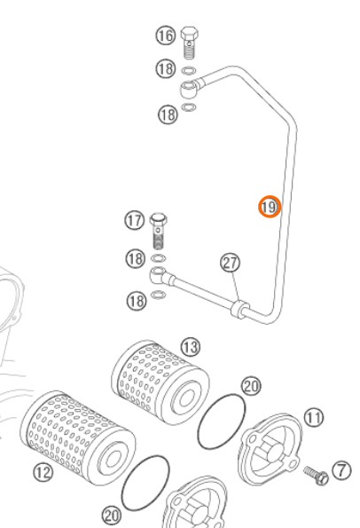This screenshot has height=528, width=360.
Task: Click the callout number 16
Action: [166, 35]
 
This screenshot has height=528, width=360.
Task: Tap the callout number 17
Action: [135, 221]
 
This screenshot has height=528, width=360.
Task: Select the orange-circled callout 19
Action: [270, 207]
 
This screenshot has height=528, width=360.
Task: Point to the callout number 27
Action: [231, 263]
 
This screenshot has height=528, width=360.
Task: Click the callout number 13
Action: [191, 347]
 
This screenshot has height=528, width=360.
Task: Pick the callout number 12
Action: [43, 472]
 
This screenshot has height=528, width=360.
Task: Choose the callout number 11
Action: [314, 418]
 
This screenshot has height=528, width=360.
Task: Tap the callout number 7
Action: [341, 470]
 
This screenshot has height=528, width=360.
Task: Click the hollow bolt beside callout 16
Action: [190, 43]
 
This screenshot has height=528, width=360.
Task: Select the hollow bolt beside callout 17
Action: [159, 231]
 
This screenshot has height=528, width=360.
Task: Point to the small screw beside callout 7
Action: [316, 475]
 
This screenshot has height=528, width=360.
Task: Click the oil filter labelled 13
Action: [160, 382]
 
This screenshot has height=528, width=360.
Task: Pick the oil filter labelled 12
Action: [78, 437]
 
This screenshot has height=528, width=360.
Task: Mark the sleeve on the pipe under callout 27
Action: [240, 310]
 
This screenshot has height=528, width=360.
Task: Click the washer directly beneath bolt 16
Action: [189, 71]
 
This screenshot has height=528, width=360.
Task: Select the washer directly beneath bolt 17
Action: [159, 258]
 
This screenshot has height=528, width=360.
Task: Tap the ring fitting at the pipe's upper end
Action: [189, 89]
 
